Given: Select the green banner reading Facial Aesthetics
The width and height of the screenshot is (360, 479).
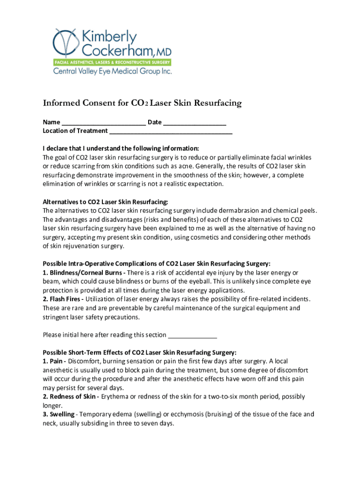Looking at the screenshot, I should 112,62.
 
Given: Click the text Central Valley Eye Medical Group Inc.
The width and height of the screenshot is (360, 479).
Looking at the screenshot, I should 112,72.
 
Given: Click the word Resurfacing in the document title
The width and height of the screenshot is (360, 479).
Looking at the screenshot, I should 214,103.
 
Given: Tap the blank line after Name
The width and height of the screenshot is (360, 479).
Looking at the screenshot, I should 103,123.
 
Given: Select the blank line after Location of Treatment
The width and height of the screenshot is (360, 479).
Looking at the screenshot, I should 171,131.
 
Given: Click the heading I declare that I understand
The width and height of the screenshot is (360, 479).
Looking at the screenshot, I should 121,149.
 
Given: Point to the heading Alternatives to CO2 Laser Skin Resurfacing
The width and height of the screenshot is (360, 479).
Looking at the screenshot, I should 105,202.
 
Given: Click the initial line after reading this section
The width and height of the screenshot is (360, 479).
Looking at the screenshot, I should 192,335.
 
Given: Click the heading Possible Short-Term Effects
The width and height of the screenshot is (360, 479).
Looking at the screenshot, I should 139,352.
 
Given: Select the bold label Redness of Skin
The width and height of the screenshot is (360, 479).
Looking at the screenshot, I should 71,397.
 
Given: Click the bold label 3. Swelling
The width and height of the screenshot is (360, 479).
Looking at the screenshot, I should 58,414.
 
